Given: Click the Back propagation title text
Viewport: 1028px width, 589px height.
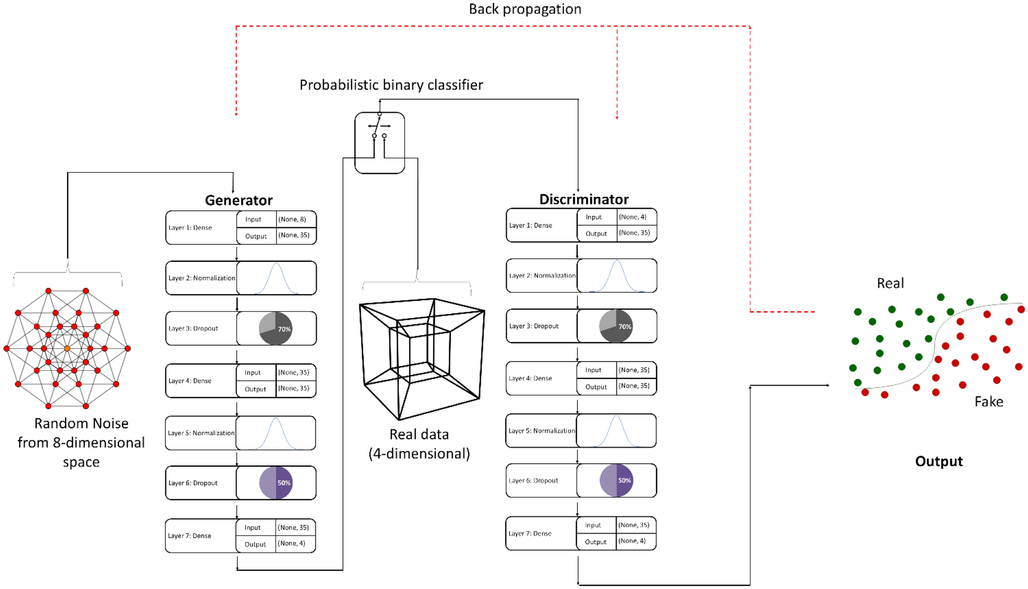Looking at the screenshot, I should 525,9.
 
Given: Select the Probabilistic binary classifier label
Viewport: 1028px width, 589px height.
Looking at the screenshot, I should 391,85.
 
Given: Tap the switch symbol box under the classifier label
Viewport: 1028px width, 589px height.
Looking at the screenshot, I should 380,143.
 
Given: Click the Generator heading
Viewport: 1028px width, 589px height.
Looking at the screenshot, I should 238,200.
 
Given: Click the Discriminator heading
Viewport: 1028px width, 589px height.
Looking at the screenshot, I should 583,199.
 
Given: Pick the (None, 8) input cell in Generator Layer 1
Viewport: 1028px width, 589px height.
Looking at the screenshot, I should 292,219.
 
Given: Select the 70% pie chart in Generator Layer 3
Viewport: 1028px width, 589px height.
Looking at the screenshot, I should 276,328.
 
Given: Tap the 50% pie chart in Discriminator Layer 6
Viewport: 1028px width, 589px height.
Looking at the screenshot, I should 616,480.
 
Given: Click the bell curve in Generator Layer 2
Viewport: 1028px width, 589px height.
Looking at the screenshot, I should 276,278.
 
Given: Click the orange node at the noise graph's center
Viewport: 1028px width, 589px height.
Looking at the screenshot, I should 67,348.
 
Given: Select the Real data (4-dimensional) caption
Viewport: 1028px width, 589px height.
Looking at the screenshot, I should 419,444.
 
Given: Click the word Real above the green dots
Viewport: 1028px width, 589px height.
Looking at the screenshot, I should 890,283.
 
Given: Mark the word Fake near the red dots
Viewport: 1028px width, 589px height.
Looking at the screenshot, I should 988,402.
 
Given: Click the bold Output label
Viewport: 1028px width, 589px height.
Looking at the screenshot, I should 938,461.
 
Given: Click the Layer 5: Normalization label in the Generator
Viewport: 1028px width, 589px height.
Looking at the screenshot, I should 201,433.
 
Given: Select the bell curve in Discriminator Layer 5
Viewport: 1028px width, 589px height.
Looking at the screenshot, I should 616,431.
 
